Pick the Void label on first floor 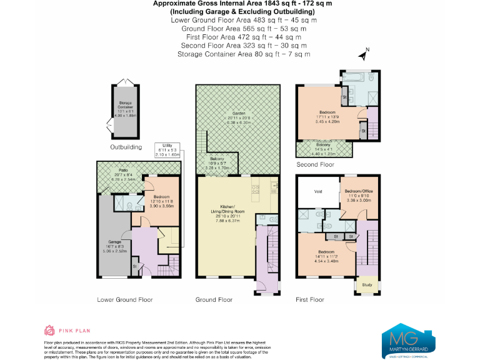317,191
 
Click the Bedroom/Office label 359,192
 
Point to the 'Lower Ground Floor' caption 125,299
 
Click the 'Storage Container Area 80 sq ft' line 243,54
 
